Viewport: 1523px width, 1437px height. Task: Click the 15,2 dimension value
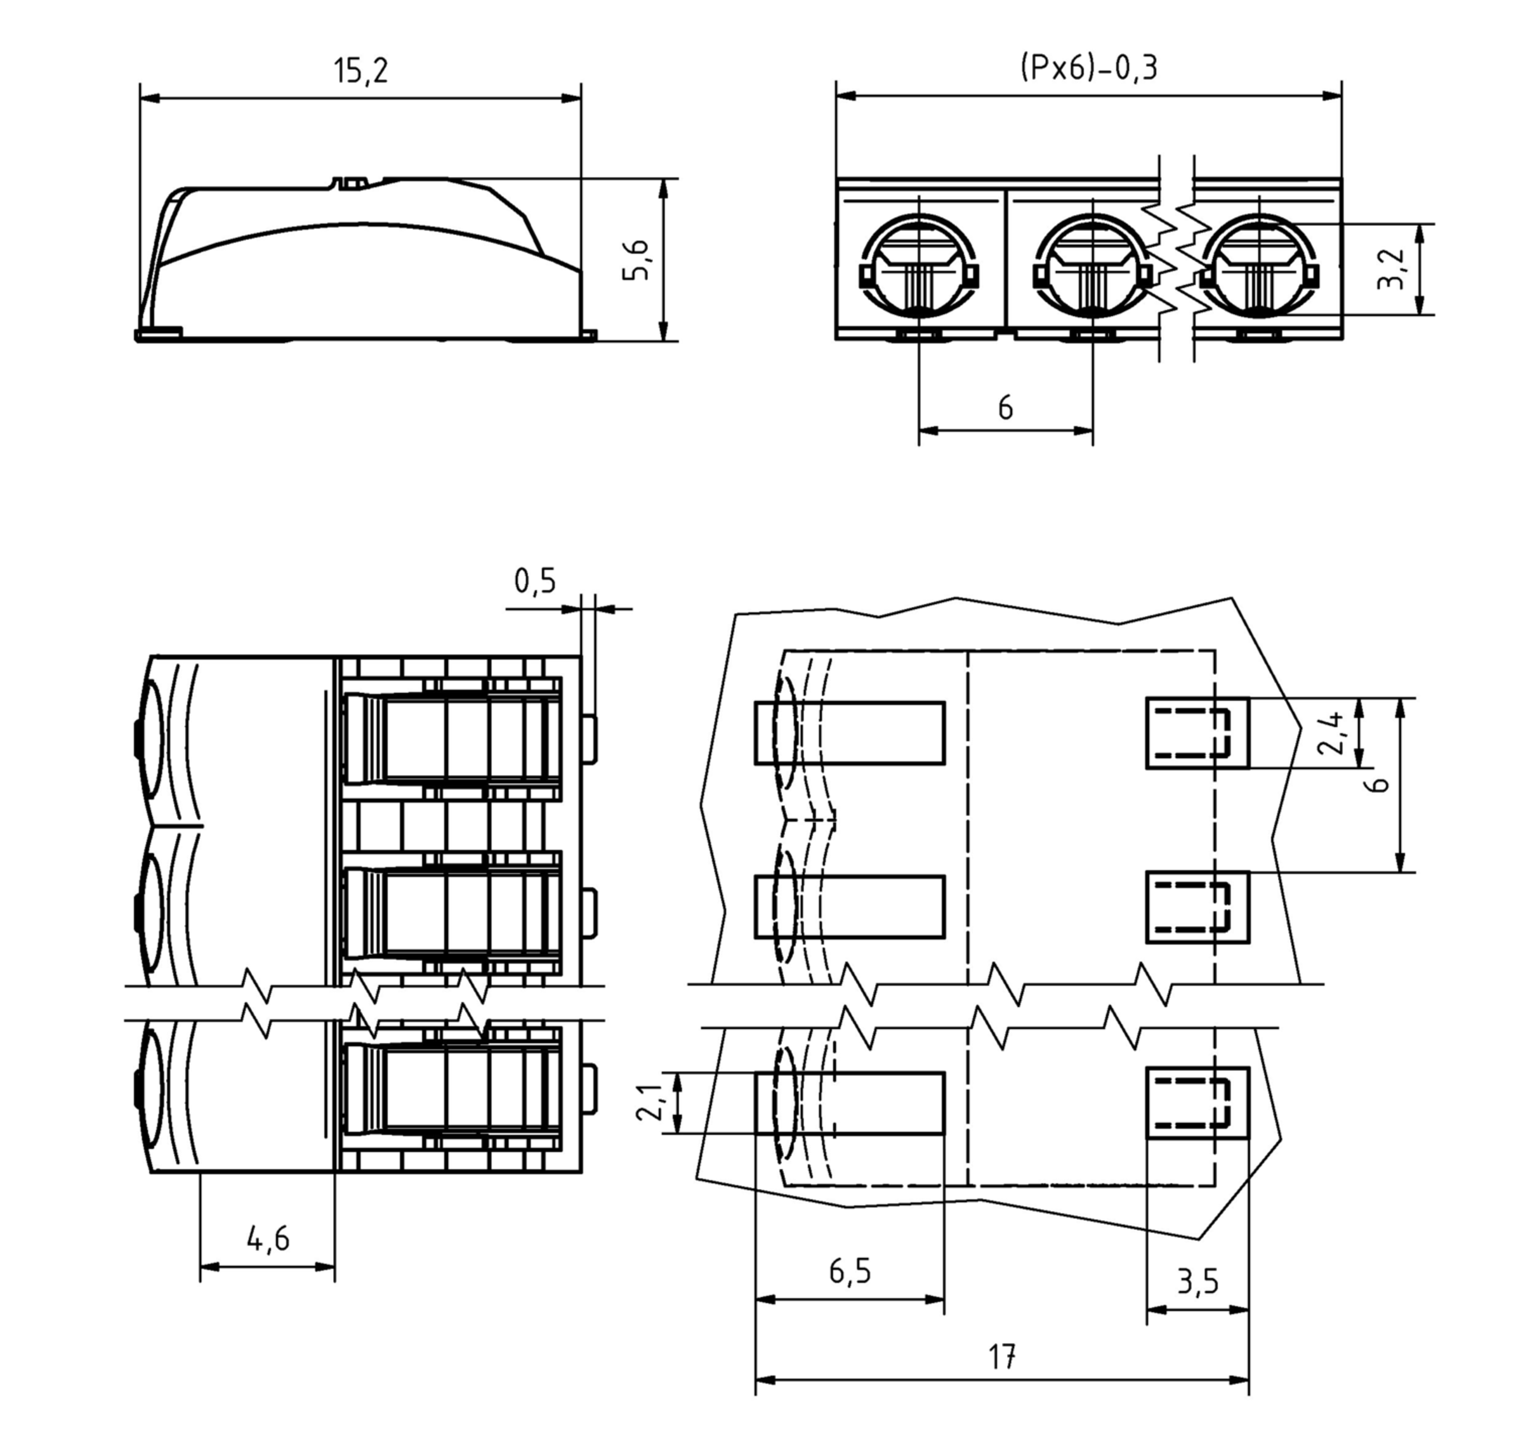pyautogui.click(x=361, y=70)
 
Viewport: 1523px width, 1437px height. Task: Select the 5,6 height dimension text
pyautogui.click(x=636, y=261)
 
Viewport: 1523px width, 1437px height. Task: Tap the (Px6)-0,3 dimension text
pyautogui.click(x=1088, y=67)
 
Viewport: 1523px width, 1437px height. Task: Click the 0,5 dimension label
pyautogui.click(x=535, y=581)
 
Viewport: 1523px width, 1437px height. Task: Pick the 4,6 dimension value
pyautogui.click(x=268, y=1238)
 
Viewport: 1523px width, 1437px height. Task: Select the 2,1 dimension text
pyautogui.click(x=650, y=1103)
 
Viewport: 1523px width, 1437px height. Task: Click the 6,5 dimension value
pyautogui.click(x=850, y=1271)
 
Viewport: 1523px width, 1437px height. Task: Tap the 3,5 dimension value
pyautogui.click(x=1197, y=1282)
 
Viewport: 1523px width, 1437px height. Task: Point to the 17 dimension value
pyautogui.click(x=1001, y=1356)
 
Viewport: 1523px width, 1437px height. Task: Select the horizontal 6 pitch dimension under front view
pyautogui.click(x=1005, y=409)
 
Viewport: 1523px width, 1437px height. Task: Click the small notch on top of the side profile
pyautogui.click(x=351, y=183)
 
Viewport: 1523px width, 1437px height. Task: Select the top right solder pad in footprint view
pyautogui.click(x=1197, y=733)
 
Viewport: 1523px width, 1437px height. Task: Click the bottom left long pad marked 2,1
pyautogui.click(x=850, y=1103)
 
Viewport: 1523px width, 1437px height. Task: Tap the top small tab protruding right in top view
pyautogui.click(x=590, y=740)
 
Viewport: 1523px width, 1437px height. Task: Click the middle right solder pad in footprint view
pyautogui.click(x=1197, y=907)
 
